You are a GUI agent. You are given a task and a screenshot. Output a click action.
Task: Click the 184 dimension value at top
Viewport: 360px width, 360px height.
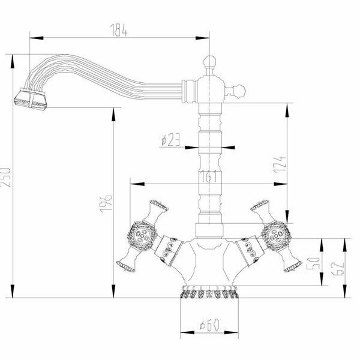coord(118,28)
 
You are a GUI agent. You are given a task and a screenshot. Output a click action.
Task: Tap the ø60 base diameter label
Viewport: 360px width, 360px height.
coord(208,326)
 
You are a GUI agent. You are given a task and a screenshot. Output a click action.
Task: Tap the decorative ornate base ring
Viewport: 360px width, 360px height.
coord(208,294)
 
